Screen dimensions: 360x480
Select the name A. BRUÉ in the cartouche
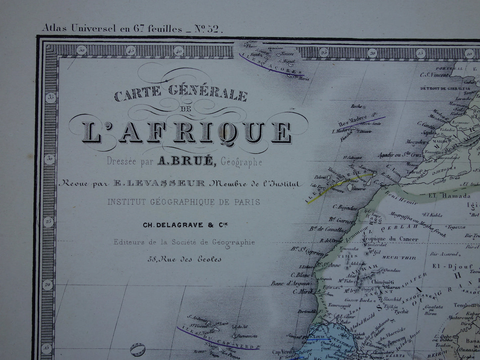(185, 162)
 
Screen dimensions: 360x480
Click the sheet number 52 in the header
(213, 29)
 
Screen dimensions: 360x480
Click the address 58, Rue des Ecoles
(184, 259)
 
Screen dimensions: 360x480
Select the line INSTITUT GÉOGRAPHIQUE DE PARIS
(183, 202)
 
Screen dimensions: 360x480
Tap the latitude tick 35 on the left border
(51, 97)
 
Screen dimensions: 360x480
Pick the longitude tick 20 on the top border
(373, 52)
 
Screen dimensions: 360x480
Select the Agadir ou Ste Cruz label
(400, 155)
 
